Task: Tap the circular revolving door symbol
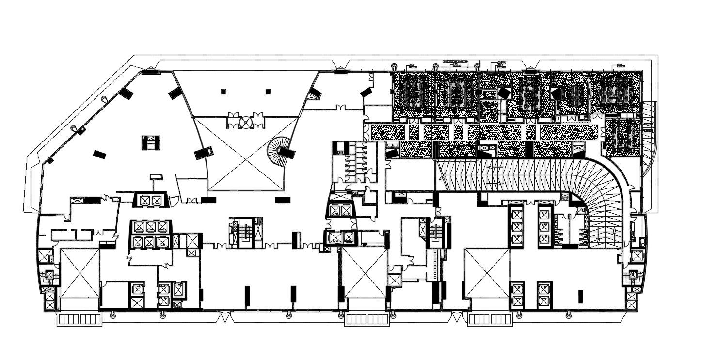pyautogui.click(x=246, y=122)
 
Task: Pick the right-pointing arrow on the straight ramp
pyautogui.click(x=496, y=184)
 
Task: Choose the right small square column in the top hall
pyautogui.click(x=268, y=91)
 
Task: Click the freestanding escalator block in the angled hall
pyautogui.click(x=150, y=142)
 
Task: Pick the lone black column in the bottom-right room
pyautogui.click(x=581, y=296)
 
